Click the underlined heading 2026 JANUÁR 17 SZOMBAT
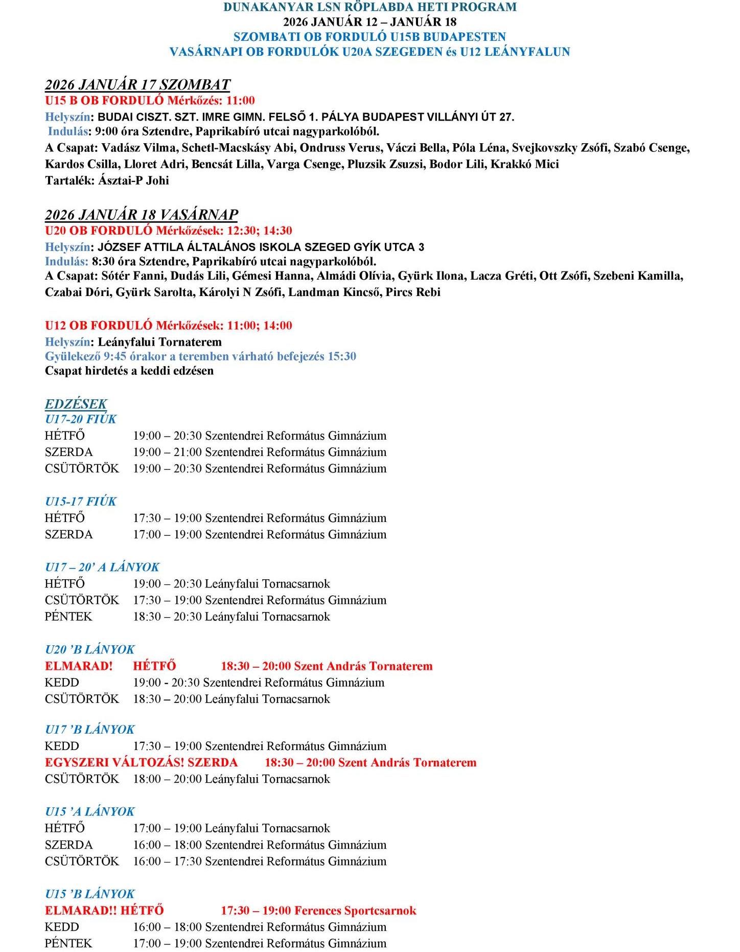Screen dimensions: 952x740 137,84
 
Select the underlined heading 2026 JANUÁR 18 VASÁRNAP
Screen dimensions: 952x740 142,214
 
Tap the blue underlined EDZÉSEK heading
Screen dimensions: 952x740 76,404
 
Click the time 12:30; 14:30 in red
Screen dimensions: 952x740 260,231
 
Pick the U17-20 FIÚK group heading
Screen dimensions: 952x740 81,419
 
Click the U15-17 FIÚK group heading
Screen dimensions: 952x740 81,502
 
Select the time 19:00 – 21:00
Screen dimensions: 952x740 167,452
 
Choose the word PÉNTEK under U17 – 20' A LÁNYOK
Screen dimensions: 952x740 68,617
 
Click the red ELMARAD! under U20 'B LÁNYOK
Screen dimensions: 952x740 79,666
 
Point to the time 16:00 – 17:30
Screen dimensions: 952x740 167,862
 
